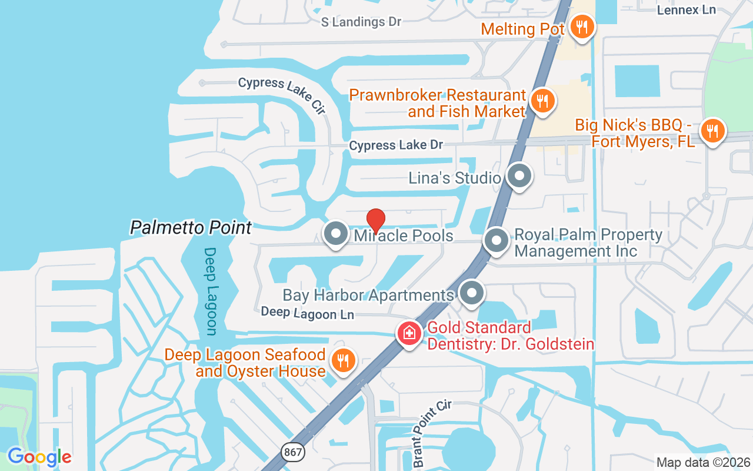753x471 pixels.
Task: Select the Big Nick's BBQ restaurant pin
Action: [x=712, y=130]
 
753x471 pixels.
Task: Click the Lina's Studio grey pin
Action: [x=519, y=176]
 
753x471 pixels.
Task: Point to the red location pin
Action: [x=376, y=221]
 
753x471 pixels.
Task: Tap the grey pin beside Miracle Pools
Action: [x=336, y=234]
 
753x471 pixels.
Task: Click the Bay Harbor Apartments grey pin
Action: [x=471, y=293]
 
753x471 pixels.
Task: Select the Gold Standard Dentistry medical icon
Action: [x=409, y=334]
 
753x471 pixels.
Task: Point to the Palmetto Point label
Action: [x=191, y=227]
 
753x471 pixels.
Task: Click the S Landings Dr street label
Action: [x=361, y=22]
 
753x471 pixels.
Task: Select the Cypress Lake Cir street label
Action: [x=282, y=94]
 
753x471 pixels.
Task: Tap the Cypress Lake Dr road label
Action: [x=396, y=145]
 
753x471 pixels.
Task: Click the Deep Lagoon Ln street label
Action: [x=307, y=313]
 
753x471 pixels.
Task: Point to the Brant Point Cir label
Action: [x=432, y=433]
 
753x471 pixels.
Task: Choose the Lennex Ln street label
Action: [x=686, y=9]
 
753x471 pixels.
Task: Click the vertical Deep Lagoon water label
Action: [x=211, y=291]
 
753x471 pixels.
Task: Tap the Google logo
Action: [x=39, y=457]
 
